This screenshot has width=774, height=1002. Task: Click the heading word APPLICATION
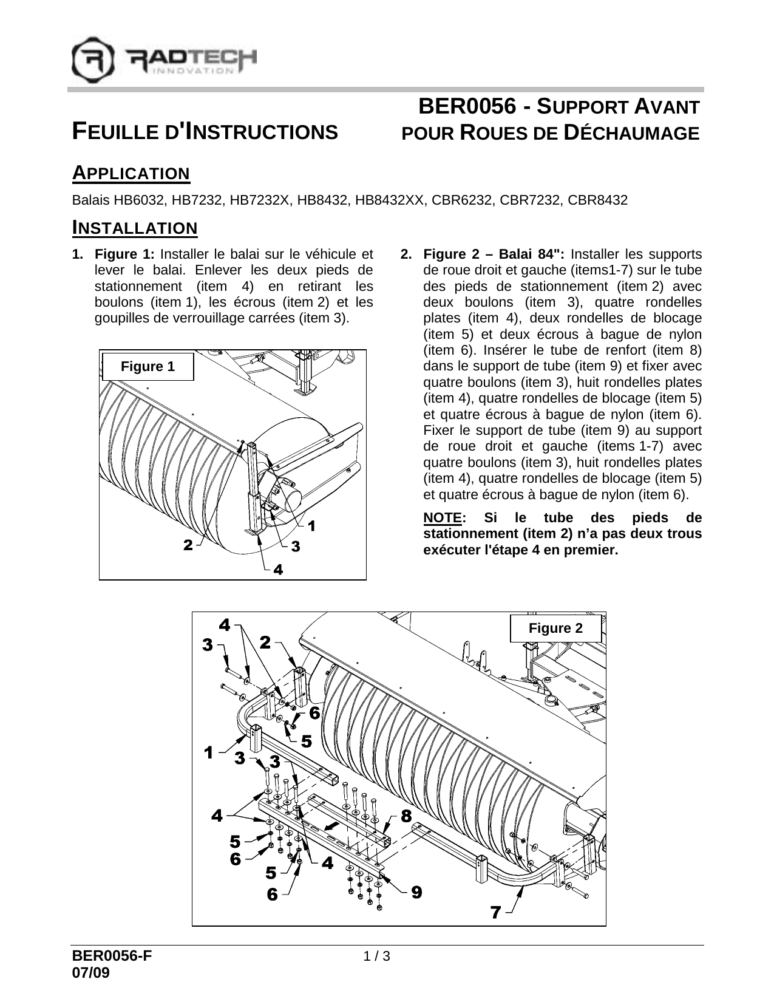131,174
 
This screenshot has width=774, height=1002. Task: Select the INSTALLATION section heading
135,228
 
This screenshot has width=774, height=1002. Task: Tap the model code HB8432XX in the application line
390,200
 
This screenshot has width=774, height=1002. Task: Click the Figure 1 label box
148,367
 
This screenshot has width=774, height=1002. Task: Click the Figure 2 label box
555,629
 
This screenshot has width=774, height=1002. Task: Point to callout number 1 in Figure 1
311,527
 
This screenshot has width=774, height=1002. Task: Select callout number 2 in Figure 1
188,545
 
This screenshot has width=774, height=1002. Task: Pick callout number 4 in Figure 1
277,570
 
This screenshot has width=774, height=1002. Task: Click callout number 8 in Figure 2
407,815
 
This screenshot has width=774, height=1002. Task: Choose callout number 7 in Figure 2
497,912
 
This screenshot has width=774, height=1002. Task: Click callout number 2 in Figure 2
265,642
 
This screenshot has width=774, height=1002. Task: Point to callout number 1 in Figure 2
209,753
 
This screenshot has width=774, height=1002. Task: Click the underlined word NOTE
442,518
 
